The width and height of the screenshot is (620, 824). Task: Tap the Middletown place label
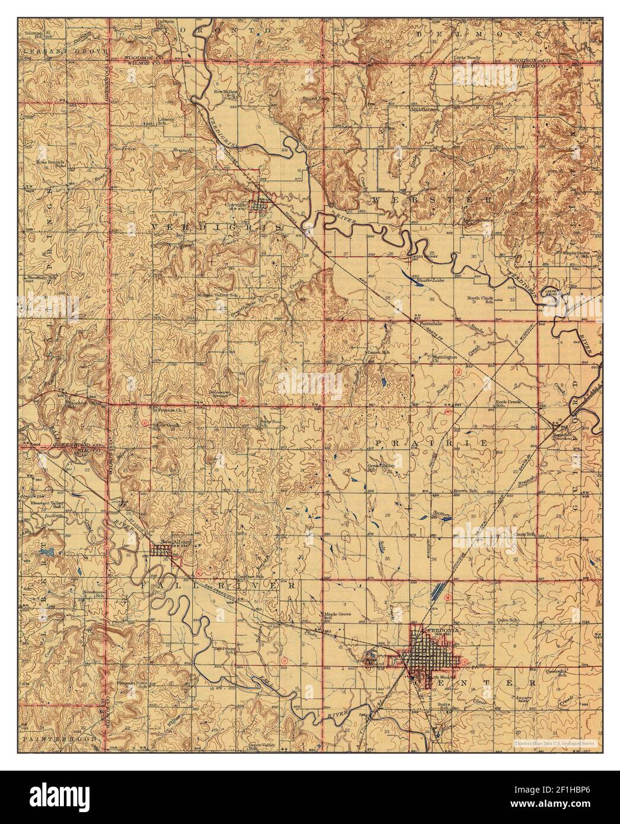[x=423, y=110]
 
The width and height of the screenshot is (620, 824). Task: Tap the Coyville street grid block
[x=259, y=205]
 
